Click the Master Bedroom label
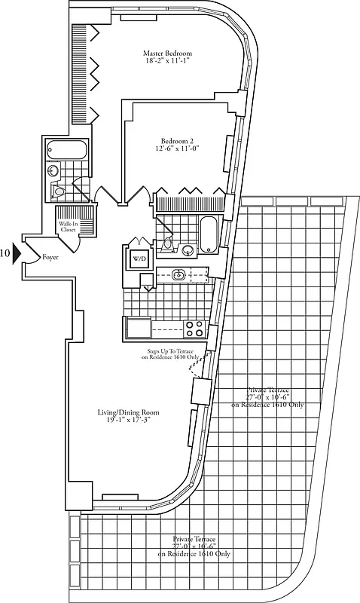[x=167, y=54]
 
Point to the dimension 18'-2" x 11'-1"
[x=167, y=63]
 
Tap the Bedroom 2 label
[x=178, y=140]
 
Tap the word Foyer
[x=50, y=256]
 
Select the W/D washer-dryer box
[x=139, y=259]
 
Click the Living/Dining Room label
[x=128, y=413]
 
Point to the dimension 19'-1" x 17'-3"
[x=128, y=423]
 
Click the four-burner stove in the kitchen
[x=194, y=329]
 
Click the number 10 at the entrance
[x=5, y=253]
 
